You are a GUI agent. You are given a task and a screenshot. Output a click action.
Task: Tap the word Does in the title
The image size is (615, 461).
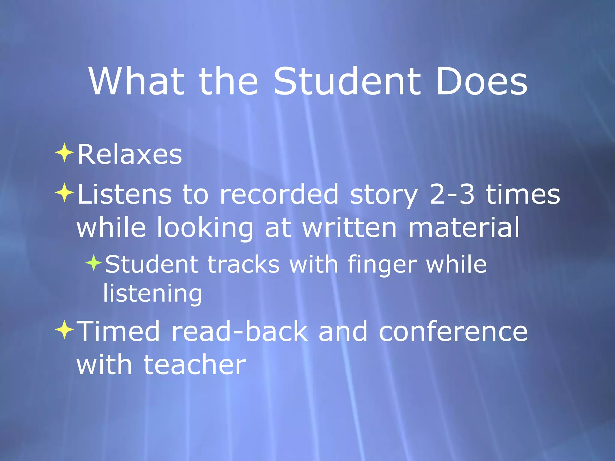481,82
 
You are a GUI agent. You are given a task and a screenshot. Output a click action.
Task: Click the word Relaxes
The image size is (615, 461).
130,155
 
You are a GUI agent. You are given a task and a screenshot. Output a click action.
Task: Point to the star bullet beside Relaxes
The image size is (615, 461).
64,153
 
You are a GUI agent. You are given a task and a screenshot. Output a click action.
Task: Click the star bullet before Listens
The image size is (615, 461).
64,193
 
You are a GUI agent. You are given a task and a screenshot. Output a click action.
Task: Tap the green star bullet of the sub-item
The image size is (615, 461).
94,263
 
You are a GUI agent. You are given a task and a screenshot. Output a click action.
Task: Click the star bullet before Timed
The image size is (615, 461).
64,330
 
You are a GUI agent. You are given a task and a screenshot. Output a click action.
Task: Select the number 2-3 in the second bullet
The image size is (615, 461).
452,194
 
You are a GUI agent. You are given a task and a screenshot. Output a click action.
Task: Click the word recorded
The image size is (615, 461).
279,194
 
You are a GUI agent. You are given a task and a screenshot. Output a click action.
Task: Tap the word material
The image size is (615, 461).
464,227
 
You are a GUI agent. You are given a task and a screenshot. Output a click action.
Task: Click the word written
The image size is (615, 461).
350,227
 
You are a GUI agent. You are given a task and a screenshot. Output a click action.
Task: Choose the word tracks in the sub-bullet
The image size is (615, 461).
244,265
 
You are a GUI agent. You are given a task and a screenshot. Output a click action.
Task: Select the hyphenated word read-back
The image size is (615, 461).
240,331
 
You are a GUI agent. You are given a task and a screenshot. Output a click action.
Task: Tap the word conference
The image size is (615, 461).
453,331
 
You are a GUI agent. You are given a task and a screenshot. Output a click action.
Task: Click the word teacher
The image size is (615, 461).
195,365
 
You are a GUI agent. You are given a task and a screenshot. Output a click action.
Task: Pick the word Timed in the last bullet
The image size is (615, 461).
118,331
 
